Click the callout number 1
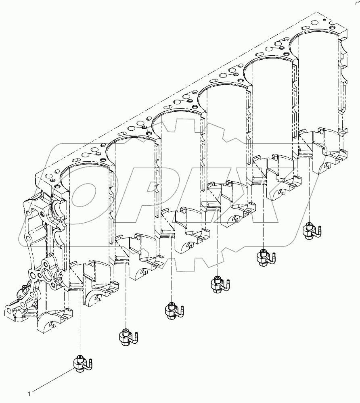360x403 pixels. click(x=29, y=392)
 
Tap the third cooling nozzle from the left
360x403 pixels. click(x=173, y=311)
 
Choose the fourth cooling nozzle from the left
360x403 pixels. click(x=218, y=284)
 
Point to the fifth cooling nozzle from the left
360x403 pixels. click(x=264, y=257)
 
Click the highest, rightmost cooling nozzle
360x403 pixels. click(x=310, y=230)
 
